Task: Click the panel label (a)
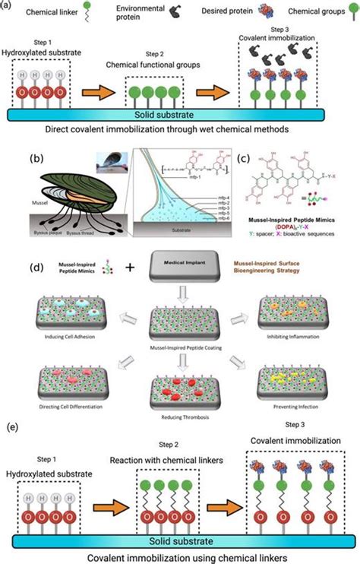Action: (7, 6)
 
